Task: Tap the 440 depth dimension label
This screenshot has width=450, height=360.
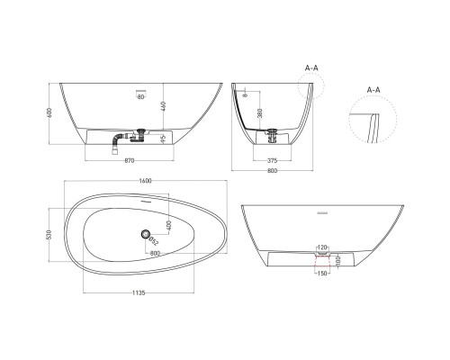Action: click(166, 106)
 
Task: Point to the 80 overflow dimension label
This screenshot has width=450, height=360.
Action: click(141, 97)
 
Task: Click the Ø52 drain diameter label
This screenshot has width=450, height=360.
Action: click(154, 240)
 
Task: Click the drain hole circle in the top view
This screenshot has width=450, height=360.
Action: click(143, 234)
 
